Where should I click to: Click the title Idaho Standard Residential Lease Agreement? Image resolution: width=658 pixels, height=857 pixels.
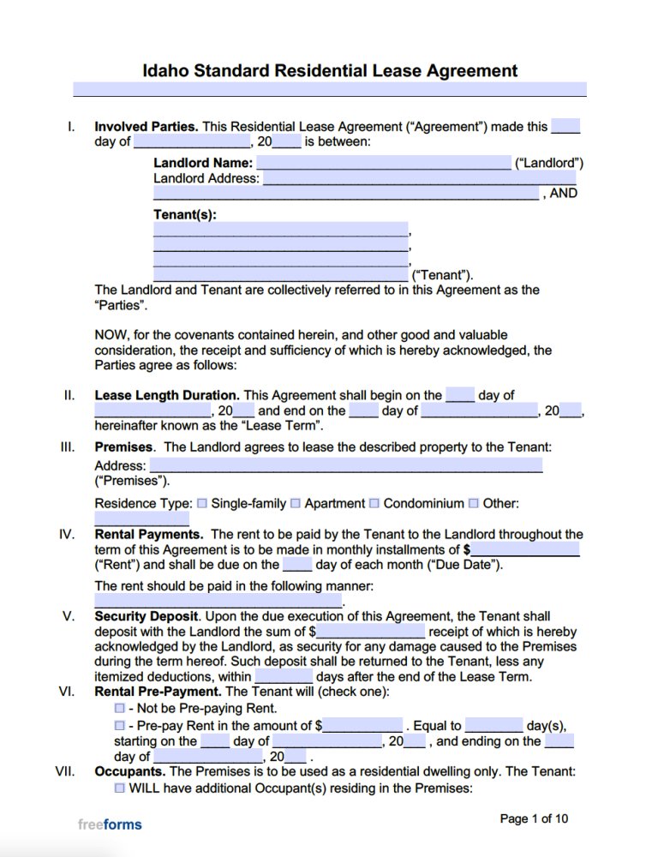tap(330, 70)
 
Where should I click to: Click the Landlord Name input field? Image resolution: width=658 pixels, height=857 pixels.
tap(383, 163)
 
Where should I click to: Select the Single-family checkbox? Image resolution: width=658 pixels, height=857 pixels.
tap(202, 504)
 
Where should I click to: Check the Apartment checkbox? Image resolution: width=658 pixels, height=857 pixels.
tap(296, 504)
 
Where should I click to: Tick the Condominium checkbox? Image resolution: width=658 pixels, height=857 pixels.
tap(374, 504)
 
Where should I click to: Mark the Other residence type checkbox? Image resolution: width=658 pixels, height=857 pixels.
tap(473, 504)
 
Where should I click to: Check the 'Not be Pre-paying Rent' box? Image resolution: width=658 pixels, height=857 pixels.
tap(120, 709)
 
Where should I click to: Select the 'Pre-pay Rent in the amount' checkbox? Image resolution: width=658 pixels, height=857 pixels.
tap(120, 726)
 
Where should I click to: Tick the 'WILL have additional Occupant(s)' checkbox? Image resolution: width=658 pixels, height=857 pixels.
tap(120, 788)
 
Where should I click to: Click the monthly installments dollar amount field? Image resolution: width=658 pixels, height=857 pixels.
tap(524, 549)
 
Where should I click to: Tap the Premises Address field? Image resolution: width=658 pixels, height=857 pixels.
tap(345, 465)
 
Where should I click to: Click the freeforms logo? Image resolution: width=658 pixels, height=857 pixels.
tap(110, 824)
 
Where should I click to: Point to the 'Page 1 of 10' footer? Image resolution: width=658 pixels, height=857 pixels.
tap(534, 819)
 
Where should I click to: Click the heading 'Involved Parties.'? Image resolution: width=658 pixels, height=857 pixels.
tap(147, 127)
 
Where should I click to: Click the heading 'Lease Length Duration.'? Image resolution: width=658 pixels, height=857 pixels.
tap(168, 396)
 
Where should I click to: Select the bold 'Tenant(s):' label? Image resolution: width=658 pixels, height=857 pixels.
tap(185, 214)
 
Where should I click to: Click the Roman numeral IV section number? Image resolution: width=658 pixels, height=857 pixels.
tap(67, 534)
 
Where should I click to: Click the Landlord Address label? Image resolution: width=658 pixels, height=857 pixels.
tap(206, 178)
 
